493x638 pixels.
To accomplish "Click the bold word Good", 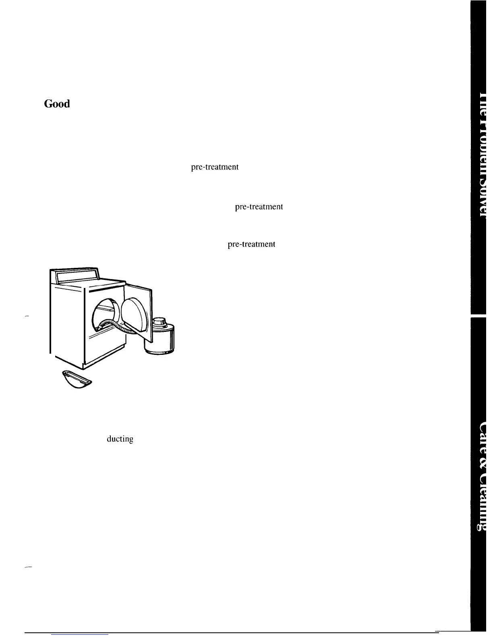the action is pyautogui.click(x=57, y=104).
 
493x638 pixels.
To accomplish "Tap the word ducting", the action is pyautogui.click(x=120, y=439).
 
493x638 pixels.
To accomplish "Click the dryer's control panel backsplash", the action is pyautogui.click(x=76, y=275).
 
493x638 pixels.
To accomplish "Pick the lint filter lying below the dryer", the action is pyautogui.click(x=77, y=380).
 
